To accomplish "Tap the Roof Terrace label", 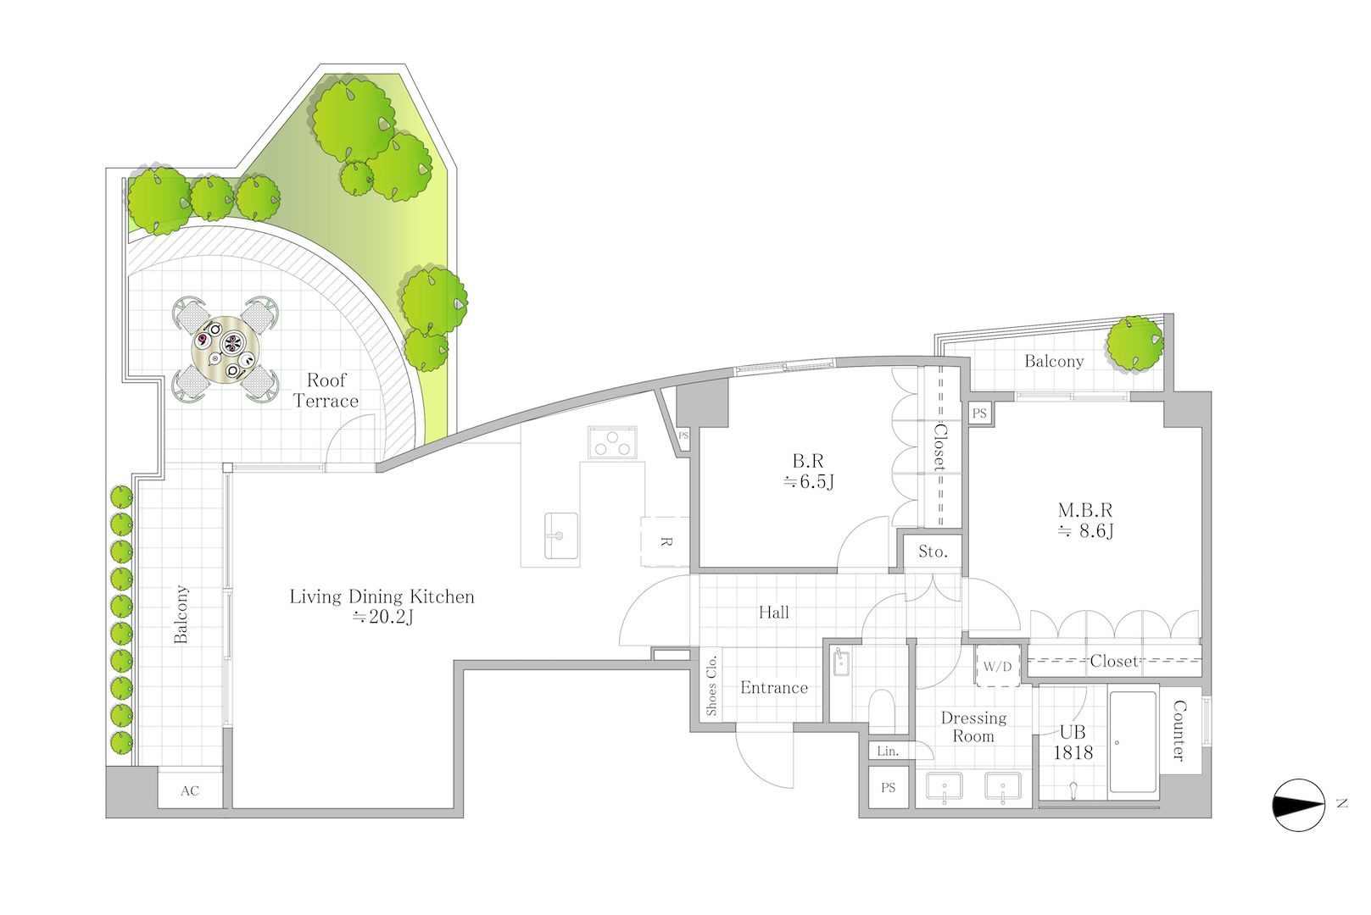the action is (326, 391).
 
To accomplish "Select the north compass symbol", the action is (1298, 805).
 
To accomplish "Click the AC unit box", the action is (190, 790).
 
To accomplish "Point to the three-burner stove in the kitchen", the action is (612, 442).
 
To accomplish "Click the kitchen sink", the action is (560, 535).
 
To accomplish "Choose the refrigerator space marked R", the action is (666, 542).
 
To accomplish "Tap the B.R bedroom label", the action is (809, 471).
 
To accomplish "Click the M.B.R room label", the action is (1085, 520).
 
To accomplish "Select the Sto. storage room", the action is (932, 552).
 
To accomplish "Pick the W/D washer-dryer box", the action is (998, 666).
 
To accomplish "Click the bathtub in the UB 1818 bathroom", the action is (1133, 742).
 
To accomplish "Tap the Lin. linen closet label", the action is (888, 751).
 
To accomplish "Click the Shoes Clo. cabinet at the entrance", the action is (711, 685).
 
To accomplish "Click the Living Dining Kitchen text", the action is (382, 596).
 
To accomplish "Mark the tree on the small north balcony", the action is (1134, 343).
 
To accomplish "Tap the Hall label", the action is (773, 613).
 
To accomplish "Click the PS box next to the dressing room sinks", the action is (888, 787).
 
